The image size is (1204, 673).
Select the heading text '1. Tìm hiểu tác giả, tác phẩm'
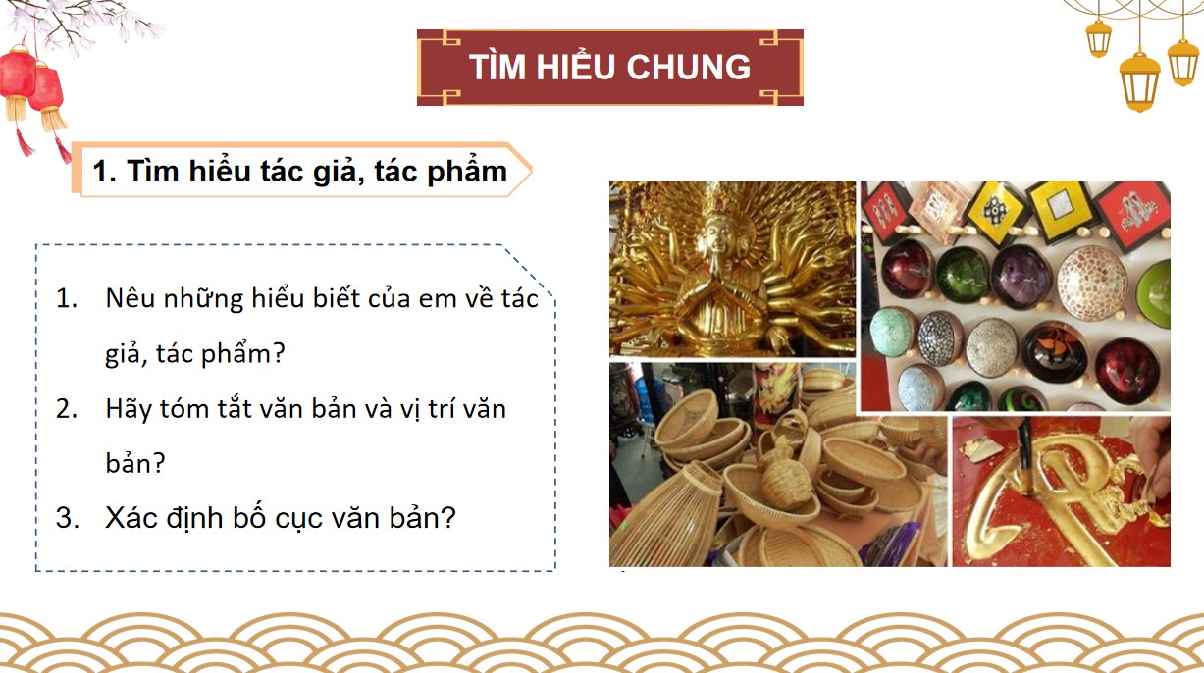pyautogui.click(x=299, y=171)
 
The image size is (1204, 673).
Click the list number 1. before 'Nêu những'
pyautogui.click(x=67, y=299)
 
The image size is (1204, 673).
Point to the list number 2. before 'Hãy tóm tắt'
pyautogui.click(x=67, y=408)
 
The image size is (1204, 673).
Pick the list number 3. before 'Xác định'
pyautogui.click(x=67, y=518)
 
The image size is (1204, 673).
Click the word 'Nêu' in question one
pyautogui.click(x=127, y=299)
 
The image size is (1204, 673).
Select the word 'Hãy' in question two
pyautogui.click(x=128, y=408)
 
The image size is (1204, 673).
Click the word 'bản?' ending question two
pyautogui.click(x=134, y=463)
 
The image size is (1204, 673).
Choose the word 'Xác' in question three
pyautogui.click(x=130, y=518)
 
